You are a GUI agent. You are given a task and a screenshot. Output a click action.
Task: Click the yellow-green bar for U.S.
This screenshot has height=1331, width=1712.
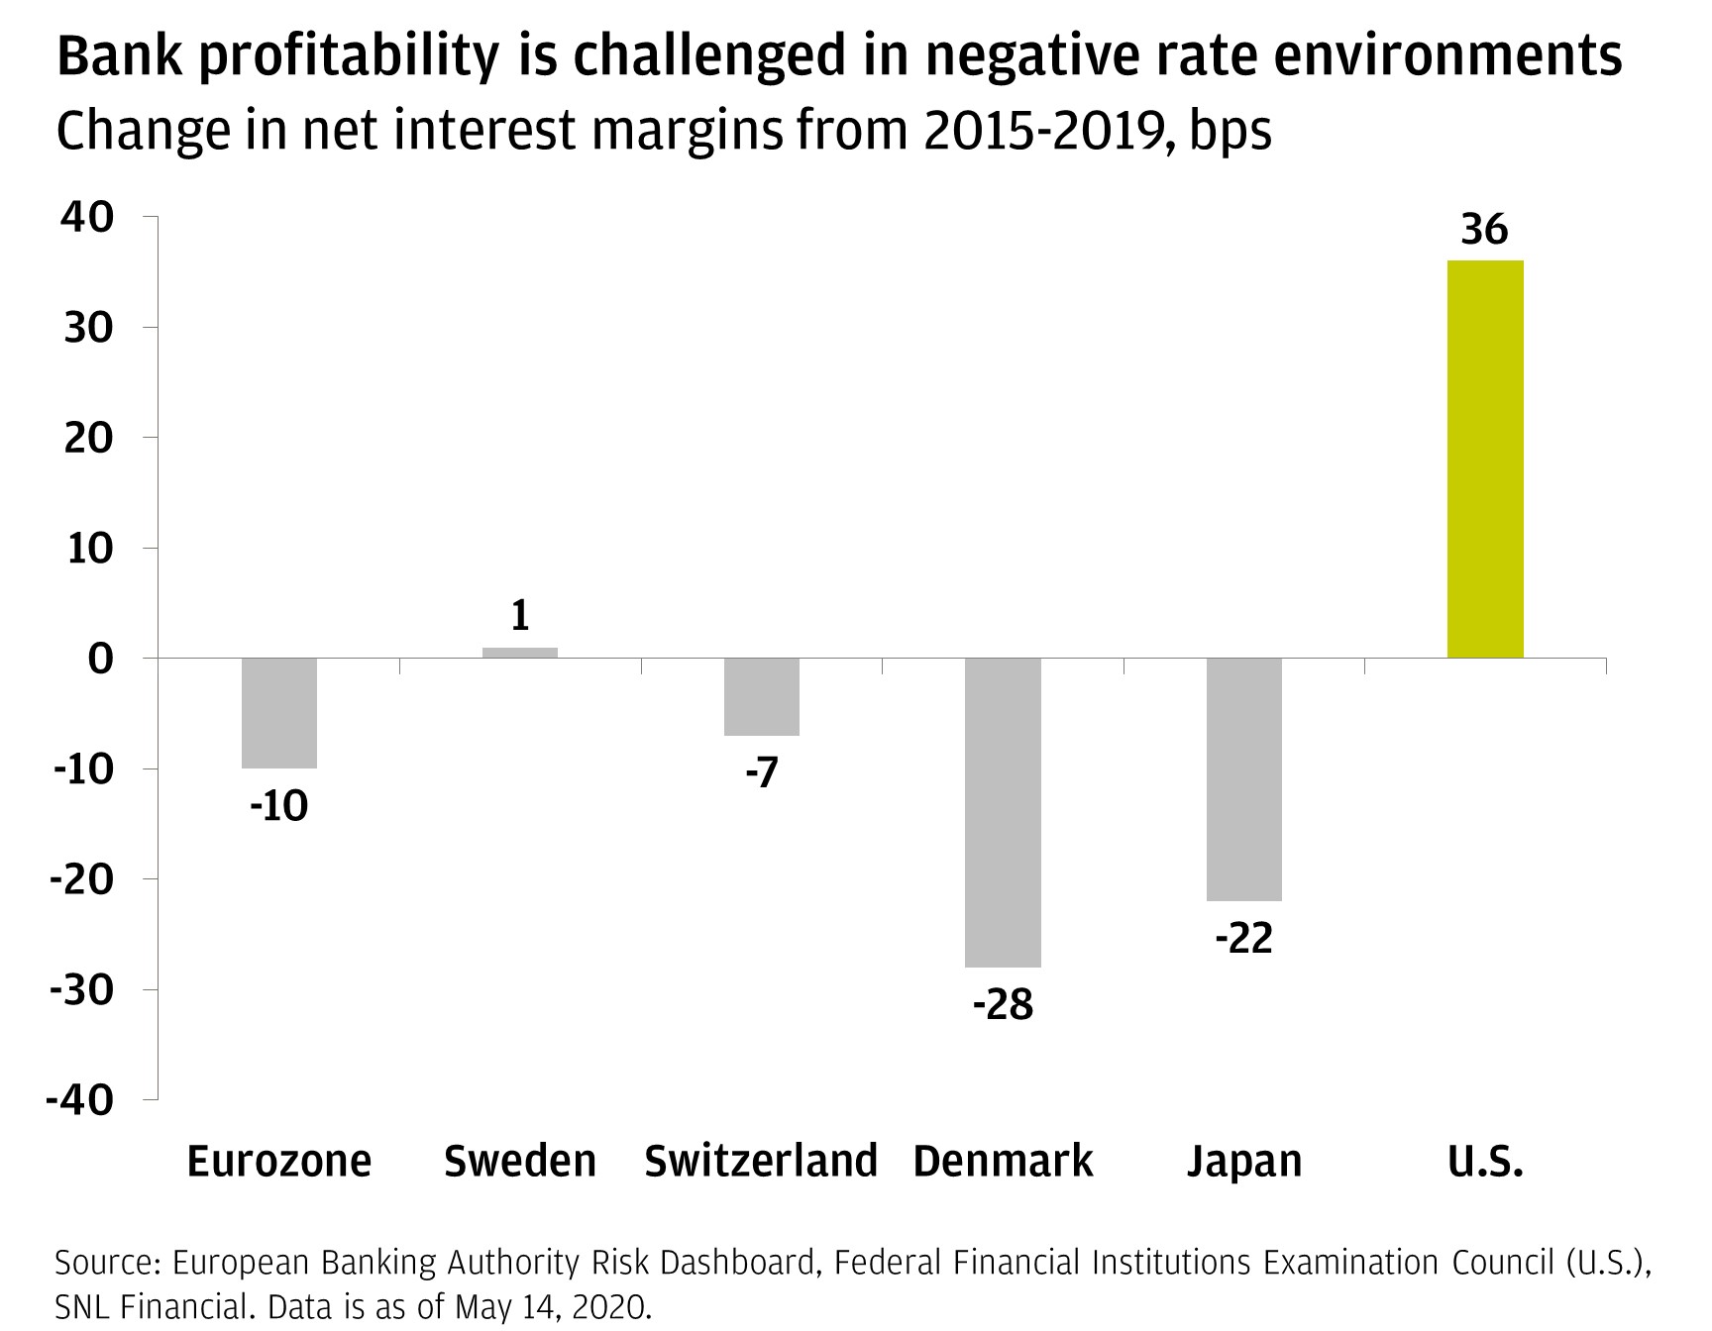click(x=1485, y=459)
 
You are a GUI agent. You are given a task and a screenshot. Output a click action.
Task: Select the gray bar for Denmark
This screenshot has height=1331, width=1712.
click(x=1003, y=812)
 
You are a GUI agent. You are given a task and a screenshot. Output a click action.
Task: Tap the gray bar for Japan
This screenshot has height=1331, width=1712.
click(x=1243, y=779)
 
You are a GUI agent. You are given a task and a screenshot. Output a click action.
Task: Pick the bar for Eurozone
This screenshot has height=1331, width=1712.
click(x=279, y=713)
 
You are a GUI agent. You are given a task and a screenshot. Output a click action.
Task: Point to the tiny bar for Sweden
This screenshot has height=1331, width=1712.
click(x=520, y=653)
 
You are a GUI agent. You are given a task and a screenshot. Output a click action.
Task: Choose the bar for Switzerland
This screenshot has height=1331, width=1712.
click(x=761, y=697)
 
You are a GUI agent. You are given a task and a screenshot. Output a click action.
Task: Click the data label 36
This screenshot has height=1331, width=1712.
click(x=1484, y=230)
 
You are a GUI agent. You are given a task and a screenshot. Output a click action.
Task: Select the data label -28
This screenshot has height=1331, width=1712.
click(x=1003, y=1006)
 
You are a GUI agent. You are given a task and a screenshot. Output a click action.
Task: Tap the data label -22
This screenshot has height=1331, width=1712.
click(x=1243, y=939)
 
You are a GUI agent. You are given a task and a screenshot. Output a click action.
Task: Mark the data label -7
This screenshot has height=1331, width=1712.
click(x=761, y=773)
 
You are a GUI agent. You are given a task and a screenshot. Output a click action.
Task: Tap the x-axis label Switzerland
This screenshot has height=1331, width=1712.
click(x=761, y=1161)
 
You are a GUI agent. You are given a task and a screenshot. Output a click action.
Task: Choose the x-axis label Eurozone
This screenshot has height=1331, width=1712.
click(x=279, y=1161)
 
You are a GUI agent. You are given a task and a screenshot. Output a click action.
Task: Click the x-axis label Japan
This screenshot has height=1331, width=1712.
click(x=1244, y=1161)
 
